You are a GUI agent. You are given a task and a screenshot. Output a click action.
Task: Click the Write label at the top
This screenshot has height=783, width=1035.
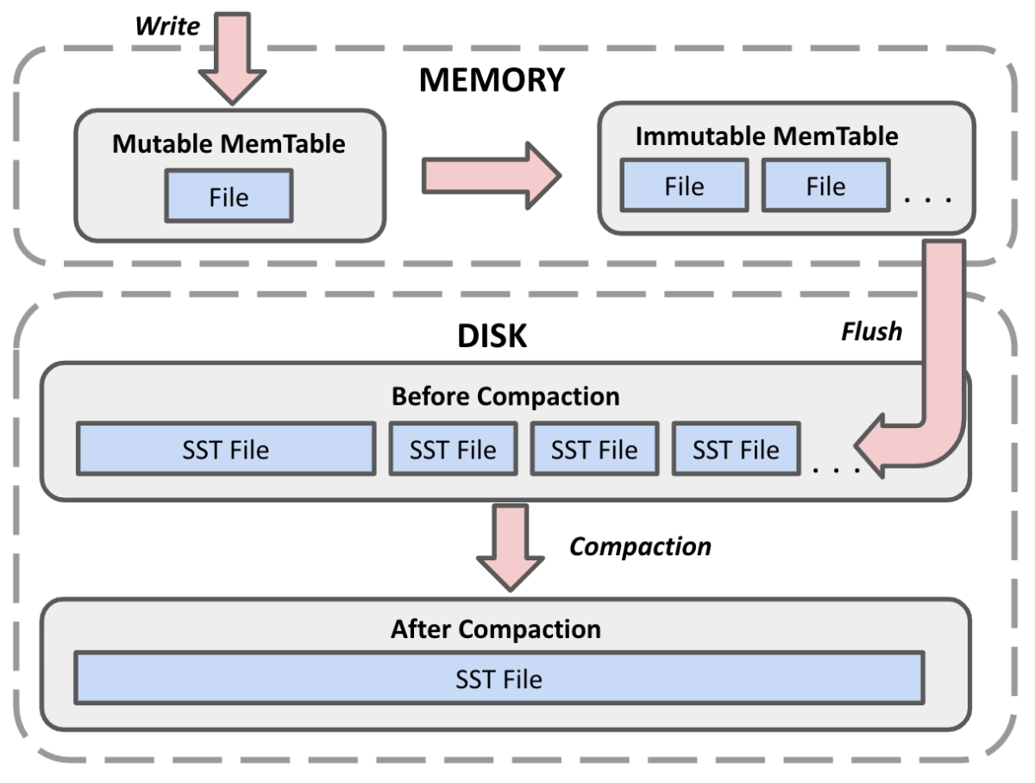point(167,25)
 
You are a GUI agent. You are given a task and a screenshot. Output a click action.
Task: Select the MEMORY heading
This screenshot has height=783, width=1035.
point(492,79)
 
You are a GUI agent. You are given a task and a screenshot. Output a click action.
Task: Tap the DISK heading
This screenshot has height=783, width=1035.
point(492,336)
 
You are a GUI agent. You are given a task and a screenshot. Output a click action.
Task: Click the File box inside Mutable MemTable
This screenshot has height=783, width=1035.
point(229,196)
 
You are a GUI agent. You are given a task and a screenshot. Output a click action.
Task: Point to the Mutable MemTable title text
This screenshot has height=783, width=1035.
point(229,143)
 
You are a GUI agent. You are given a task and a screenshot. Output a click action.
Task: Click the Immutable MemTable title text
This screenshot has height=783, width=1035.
point(766,136)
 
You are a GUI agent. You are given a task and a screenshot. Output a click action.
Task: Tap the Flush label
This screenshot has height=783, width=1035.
point(871,331)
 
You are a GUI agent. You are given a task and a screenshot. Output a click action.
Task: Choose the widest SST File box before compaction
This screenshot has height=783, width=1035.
point(226,449)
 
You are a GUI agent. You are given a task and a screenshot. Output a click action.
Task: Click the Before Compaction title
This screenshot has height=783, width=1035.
point(505,396)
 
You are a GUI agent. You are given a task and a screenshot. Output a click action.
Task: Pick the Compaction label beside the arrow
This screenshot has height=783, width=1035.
point(640,546)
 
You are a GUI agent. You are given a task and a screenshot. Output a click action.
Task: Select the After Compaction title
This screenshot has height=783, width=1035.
point(495,628)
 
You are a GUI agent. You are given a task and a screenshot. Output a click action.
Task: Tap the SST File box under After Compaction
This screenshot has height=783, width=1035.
point(499,679)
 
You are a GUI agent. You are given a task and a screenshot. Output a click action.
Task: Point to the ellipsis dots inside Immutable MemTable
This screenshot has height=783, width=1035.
point(928,200)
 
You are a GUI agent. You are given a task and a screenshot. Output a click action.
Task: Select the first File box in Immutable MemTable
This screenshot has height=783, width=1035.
point(684,186)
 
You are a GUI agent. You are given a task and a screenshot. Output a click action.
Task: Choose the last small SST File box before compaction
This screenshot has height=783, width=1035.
point(736,449)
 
